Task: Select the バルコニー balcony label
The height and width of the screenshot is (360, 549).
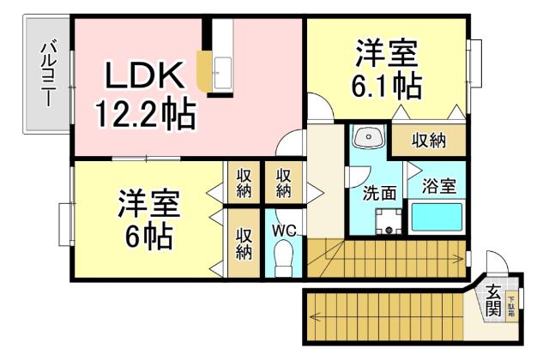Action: (48, 74)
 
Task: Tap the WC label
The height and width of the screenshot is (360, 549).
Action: (284, 230)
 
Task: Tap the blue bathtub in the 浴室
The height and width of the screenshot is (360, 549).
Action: (437, 218)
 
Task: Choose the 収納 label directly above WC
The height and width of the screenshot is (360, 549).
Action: (284, 182)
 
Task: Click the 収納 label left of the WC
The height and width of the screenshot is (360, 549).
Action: (244, 243)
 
